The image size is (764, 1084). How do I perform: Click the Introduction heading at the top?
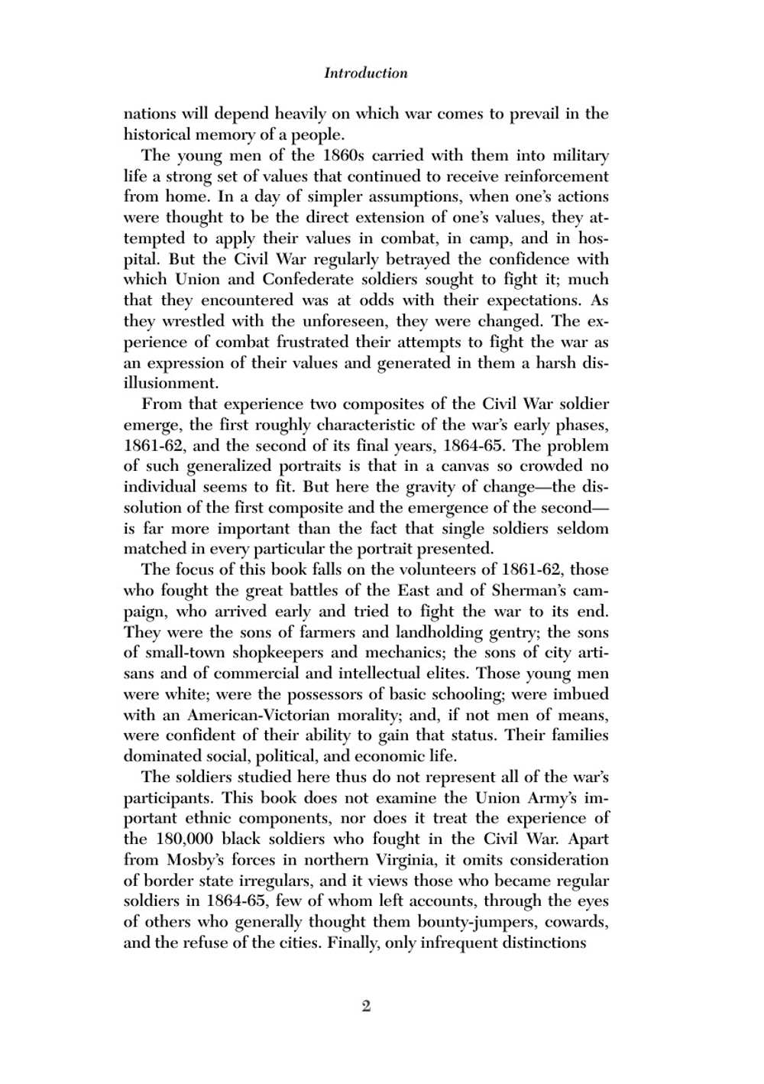coord(365,73)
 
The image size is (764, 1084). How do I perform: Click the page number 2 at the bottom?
coord(366,1006)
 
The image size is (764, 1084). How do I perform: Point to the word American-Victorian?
coord(258,716)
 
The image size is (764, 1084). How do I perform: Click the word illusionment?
coord(170,383)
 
